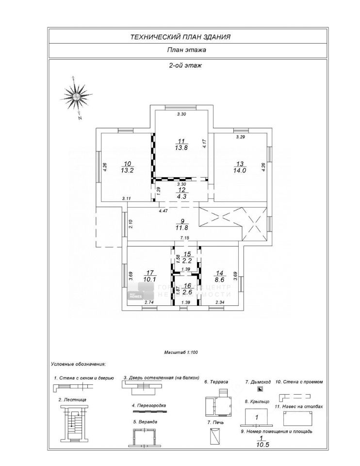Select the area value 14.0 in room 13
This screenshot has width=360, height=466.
[241, 170]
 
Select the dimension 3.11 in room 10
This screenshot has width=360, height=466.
[127, 199]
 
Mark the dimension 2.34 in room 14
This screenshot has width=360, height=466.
[220, 302]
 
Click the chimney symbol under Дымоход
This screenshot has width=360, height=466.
[260, 389]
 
